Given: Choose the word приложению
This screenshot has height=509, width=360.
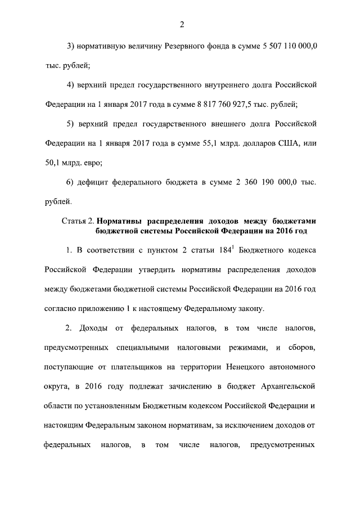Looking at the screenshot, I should pos(101,308).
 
